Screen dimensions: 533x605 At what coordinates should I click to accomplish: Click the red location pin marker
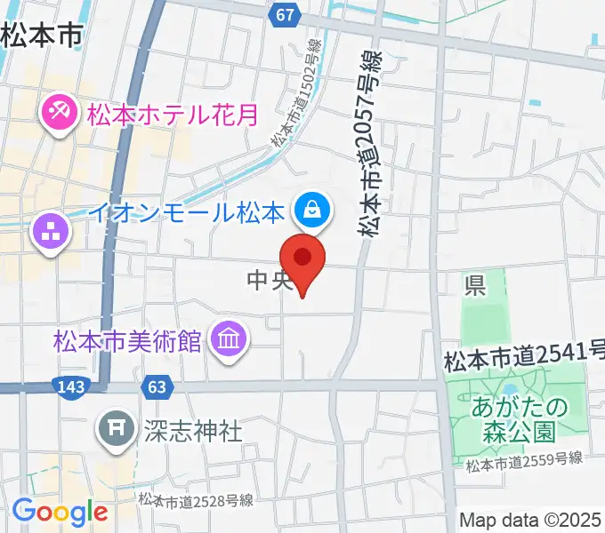tap(302, 259)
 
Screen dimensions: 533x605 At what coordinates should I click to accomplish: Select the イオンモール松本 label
tap(187, 213)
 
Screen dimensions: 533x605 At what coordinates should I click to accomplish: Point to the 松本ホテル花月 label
tap(172, 115)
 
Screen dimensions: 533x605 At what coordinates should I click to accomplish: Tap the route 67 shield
tap(284, 15)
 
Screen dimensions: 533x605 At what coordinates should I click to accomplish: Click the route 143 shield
tap(69, 386)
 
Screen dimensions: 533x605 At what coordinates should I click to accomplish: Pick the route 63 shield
tap(156, 386)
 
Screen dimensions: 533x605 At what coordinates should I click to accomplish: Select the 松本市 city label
tap(41, 36)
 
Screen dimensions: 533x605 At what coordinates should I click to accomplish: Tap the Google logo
tap(60, 512)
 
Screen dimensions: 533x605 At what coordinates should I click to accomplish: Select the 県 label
tap(474, 286)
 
